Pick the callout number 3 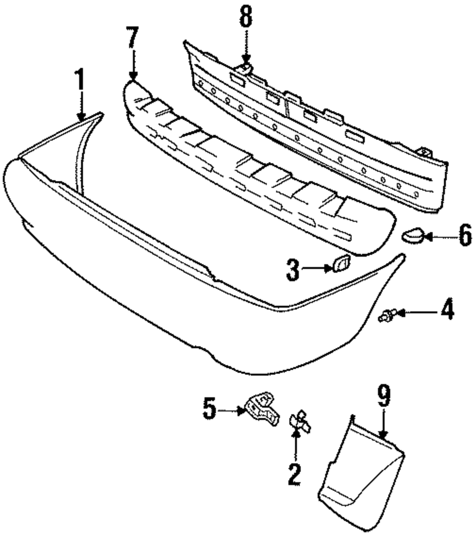[294, 270]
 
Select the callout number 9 [384, 395]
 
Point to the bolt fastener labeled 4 [386, 315]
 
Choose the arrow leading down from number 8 [246, 48]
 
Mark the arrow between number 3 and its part [317, 269]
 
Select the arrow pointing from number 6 [435, 235]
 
